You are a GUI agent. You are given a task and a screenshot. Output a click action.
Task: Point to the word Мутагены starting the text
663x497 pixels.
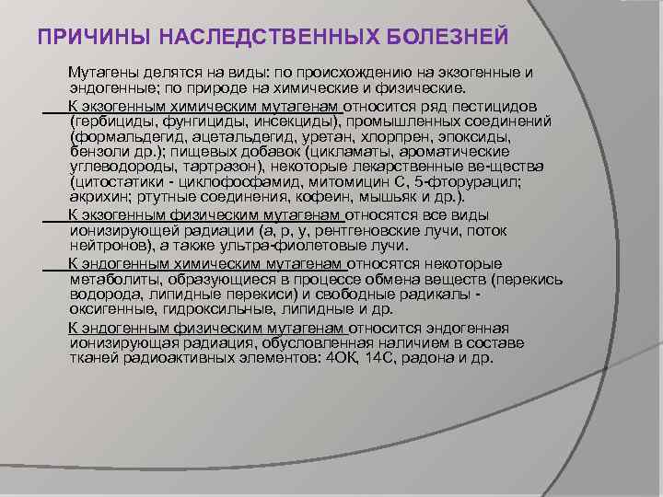(x=99, y=72)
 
